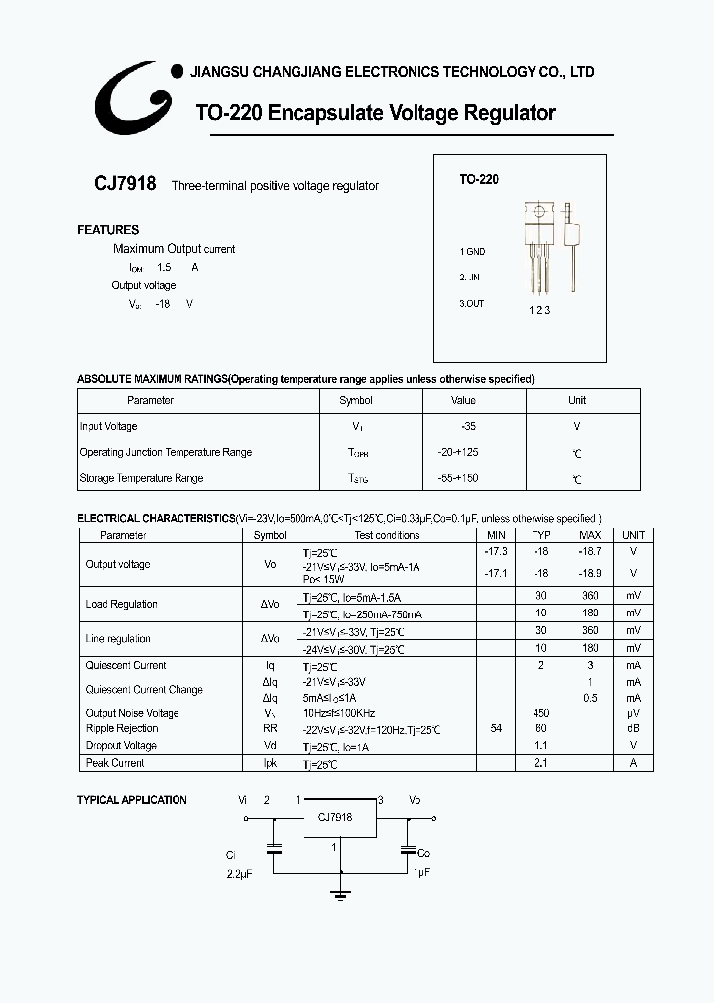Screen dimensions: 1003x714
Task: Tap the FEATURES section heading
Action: (x=108, y=230)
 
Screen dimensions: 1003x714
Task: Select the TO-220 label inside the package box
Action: (x=478, y=180)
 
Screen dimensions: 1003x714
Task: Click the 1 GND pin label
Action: (x=472, y=252)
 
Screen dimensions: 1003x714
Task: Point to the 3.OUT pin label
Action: (x=472, y=304)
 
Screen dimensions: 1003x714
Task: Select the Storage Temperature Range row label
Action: (x=141, y=478)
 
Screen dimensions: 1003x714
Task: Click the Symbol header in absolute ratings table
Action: (x=355, y=400)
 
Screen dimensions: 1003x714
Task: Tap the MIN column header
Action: (x=496, y=535)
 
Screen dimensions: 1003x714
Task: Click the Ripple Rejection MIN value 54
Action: (x=496, y=729)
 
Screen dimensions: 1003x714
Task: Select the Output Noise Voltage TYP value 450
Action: (x=541, y=713)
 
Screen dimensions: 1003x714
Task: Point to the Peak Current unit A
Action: (x=633, y=763)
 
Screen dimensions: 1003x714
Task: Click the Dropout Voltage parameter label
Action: (x=121, y=746)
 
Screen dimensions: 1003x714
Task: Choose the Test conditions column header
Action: (x=387, y=535)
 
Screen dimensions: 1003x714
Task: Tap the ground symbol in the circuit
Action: (x=341, y=894)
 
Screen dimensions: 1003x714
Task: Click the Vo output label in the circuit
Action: (x=415, y=799)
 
